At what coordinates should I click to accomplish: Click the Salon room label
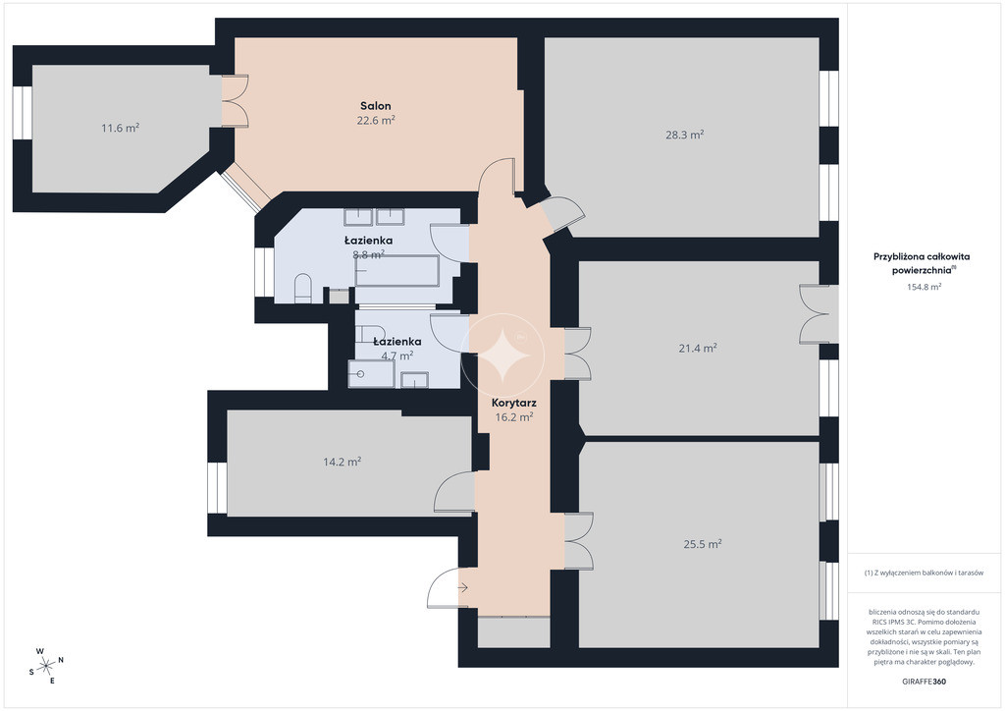[x=375, y=106]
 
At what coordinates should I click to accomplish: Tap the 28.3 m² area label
[x=684, y=135]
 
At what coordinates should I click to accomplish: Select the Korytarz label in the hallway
[x=514, y=404]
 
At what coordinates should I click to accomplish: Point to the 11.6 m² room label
[x=121, y=128]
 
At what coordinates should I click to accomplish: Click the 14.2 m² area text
[x=343, y=461]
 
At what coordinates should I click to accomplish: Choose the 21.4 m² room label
[x=698, y=348]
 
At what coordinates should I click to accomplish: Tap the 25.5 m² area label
[x=703, y=544]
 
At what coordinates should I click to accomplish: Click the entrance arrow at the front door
[x=463, y=587]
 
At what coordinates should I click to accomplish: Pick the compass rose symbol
[x=46, y=666]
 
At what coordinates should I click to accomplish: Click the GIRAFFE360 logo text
[x=924, y=682]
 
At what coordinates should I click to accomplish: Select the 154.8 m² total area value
[x=924, y=287]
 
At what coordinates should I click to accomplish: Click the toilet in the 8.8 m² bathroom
[x=302, y=288]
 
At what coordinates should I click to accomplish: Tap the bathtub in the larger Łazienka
[x=397, y=271]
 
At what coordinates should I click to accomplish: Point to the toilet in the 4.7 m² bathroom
[x=369, y=334]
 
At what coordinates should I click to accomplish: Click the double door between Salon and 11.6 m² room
[x=236, y=100]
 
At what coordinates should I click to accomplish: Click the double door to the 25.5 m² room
[x=579, y=540]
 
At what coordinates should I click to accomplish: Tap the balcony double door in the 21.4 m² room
[x=814, y=314]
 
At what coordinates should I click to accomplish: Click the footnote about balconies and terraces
[x=924, y=573]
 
